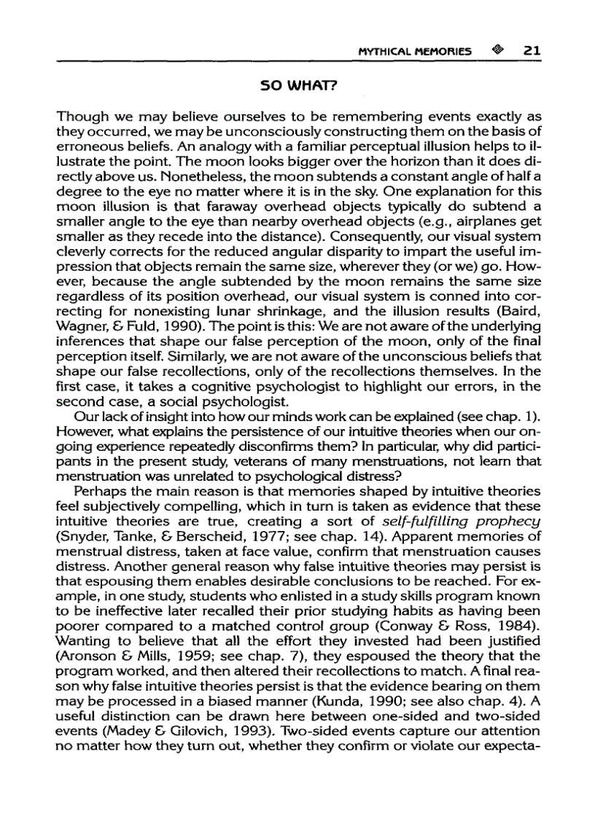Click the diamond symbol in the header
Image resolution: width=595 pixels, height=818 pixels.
497,51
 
